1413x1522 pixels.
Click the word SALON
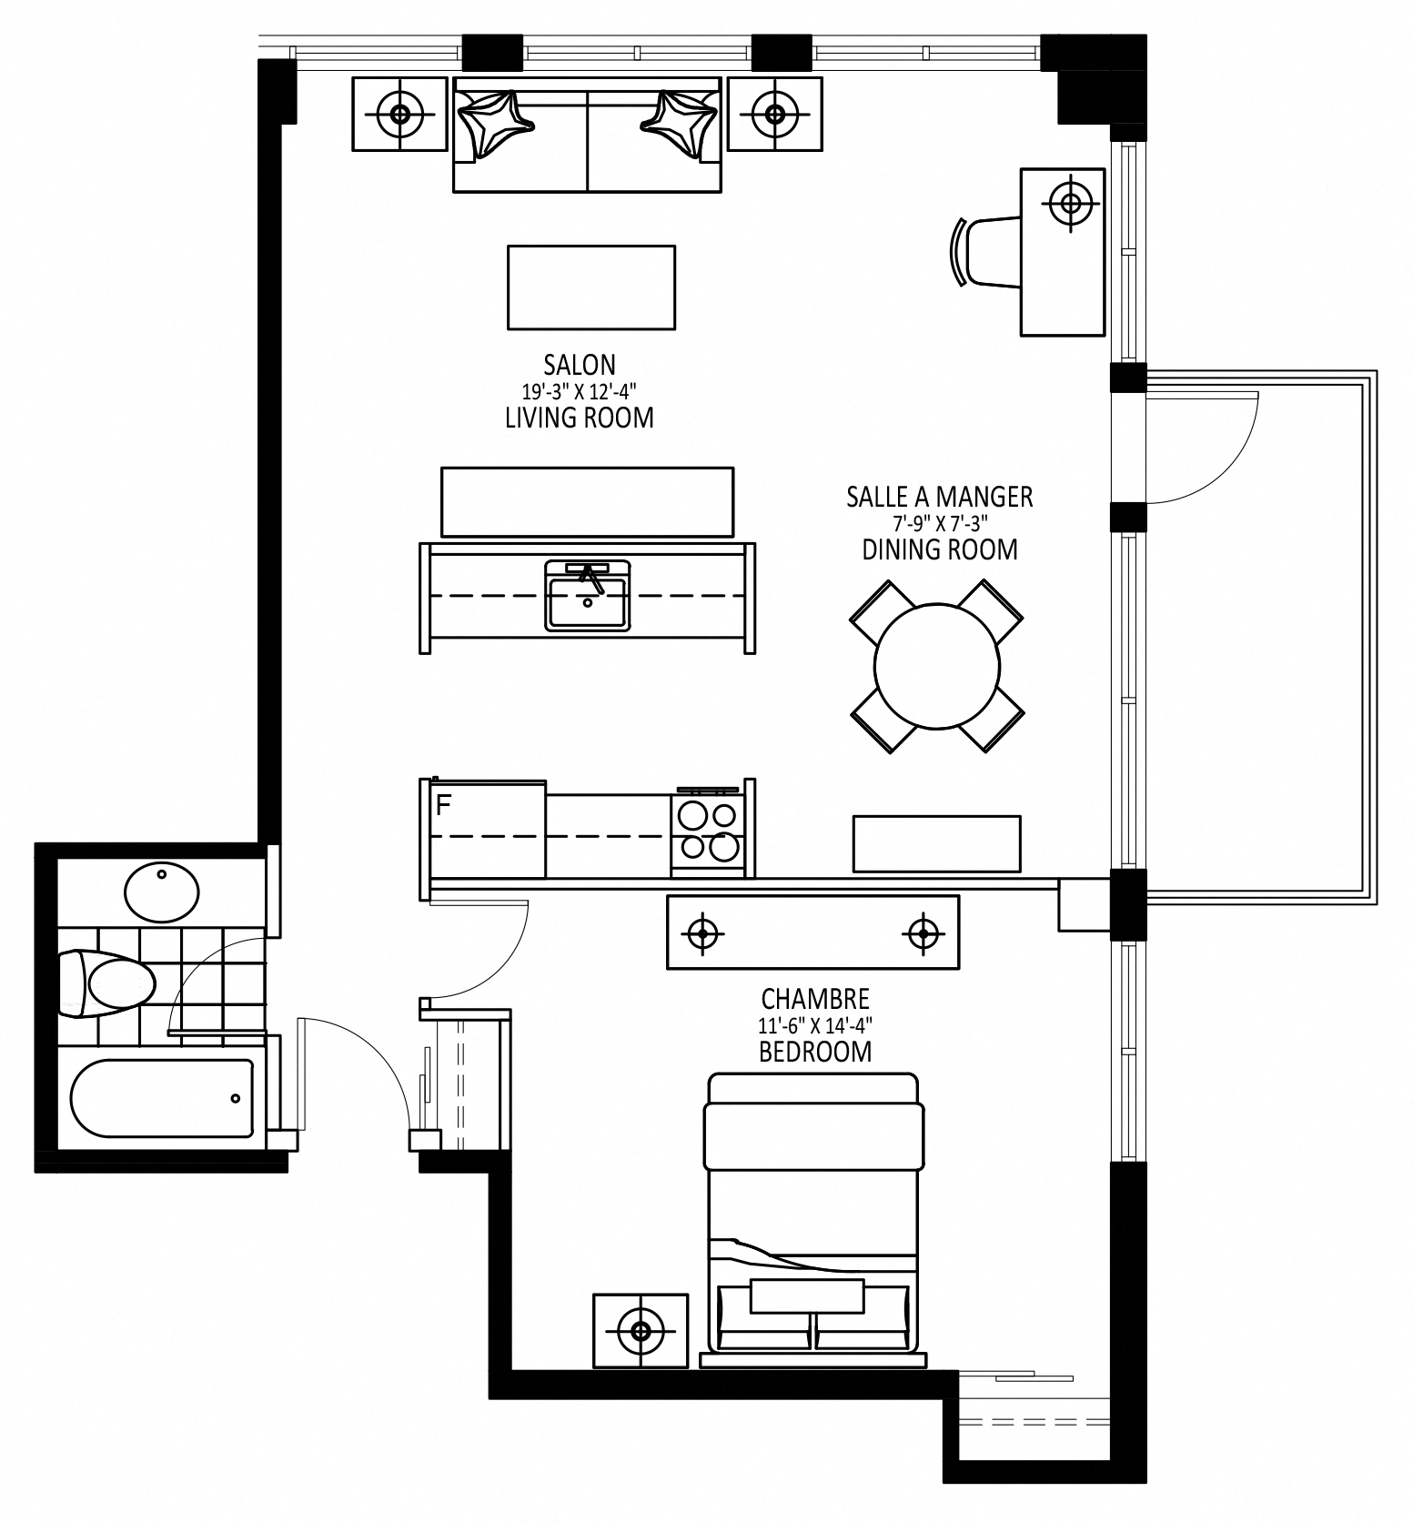pyautogui.click(x=580, y=365)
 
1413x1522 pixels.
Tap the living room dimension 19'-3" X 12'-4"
pyautogui.click(x=579, y=392)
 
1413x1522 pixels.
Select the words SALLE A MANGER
pyautogui.click(x=940, y=497)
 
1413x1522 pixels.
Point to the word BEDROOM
pyautogui.click(x=815, y=1052)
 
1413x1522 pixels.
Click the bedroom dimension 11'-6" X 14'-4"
pyautogui.click(x=815, y=1025)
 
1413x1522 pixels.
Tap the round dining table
pyautogui.click(x=937, y=666)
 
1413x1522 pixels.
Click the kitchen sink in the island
pyautogui.click(x=588, y=596)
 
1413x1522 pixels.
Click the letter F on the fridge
pyautogui.click(x=444, y=805)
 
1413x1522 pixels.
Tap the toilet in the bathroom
pyautogui.click(x=106, y=983)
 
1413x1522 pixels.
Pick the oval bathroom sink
pyautogui.click(x=162, y=892)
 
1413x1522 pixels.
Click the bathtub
pyautogui.click(x=163, y=1098)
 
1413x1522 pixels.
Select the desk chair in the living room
pyautogui.click(x=988, y=252)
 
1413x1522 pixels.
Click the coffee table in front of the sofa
pyautogui.click(x=591, y=287)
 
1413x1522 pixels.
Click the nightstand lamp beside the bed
pyautogui.click(x=641, y=1331)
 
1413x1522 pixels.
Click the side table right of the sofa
pyautogui.click(x=775, y=114)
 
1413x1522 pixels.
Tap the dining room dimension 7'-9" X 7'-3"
pyautogui.click(x=940, y=523)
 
